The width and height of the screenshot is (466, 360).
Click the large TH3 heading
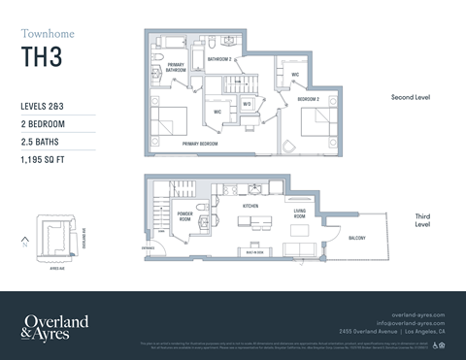pos(42,57)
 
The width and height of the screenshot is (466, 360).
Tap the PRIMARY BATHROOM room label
pos(176,68)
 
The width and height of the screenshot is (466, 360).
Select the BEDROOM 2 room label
pos(309,99)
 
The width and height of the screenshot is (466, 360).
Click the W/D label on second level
pos(247,104)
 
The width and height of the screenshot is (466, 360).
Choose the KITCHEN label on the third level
pos(250,207)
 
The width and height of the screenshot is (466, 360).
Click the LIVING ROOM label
pos(301,214)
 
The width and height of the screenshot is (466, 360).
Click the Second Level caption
pos(410,98)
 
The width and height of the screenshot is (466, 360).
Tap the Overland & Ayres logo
pos(55,326)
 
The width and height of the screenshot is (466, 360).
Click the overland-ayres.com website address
pos(417,314)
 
